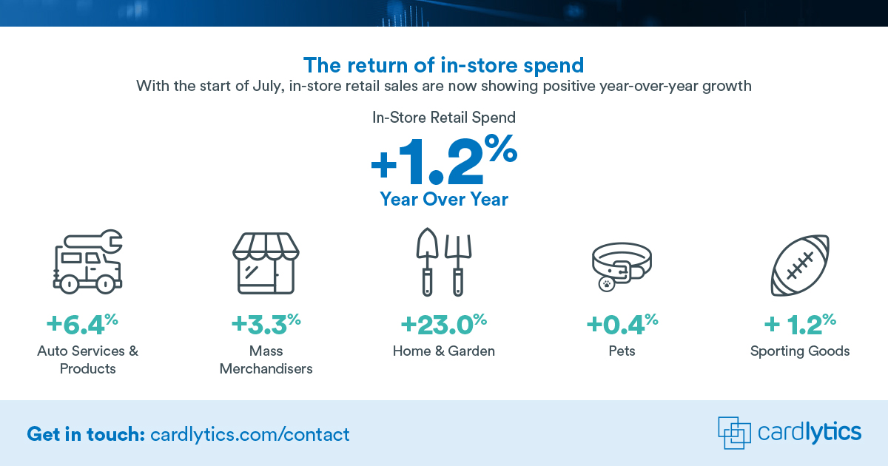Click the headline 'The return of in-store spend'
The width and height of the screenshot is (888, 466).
(444, 65)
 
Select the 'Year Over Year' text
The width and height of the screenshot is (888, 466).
(444, 199)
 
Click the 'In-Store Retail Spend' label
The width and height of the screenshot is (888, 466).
(444, 117)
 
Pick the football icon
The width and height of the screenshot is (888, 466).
(800, 265)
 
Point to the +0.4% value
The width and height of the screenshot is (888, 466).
(621, 324)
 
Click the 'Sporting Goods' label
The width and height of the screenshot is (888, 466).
(800, 351)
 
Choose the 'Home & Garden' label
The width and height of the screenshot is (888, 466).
(444, 351)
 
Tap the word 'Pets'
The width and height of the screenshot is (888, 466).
(622, 351)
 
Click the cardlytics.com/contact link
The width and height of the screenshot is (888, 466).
(249, 434)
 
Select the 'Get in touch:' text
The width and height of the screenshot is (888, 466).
(85, 434)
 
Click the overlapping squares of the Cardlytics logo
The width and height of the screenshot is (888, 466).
(733, 432)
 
